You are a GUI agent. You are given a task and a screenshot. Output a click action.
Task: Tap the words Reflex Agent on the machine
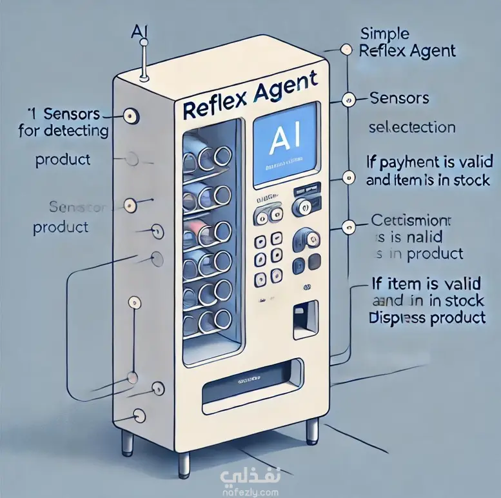tap(250, 95)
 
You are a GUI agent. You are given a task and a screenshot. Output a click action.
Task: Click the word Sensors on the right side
tap(399, 98)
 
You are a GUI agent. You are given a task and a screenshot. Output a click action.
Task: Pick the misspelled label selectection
tap(411, 127)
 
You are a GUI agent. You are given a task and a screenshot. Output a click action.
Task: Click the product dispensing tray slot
tap(251, 389)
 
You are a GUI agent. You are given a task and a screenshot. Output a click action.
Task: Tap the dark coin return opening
tap(301, 320)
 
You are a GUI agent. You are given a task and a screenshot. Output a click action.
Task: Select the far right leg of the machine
tap(313, 430)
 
